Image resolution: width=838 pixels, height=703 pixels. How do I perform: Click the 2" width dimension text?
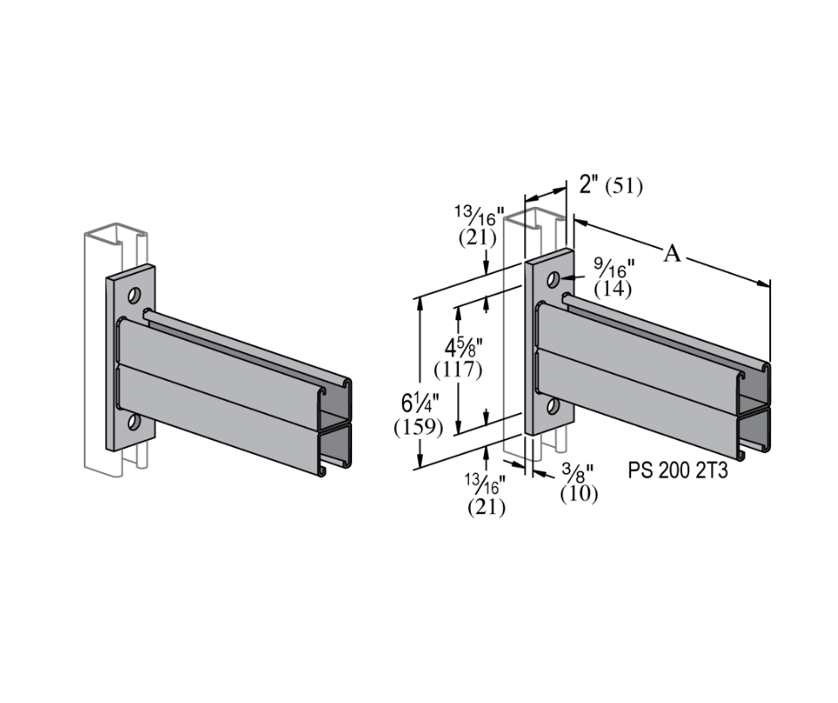587,185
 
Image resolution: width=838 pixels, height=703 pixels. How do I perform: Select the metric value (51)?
624,186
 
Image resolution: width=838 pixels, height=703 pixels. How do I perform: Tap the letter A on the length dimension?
672,254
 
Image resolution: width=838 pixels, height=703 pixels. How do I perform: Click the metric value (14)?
613,289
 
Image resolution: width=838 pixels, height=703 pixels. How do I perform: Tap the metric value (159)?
418,426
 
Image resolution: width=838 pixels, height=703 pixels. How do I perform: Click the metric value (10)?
579,492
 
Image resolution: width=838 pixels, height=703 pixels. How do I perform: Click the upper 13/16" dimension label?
482,217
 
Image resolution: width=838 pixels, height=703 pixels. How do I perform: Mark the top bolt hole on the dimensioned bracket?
553,279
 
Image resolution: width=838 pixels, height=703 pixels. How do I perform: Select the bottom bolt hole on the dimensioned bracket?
553,407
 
